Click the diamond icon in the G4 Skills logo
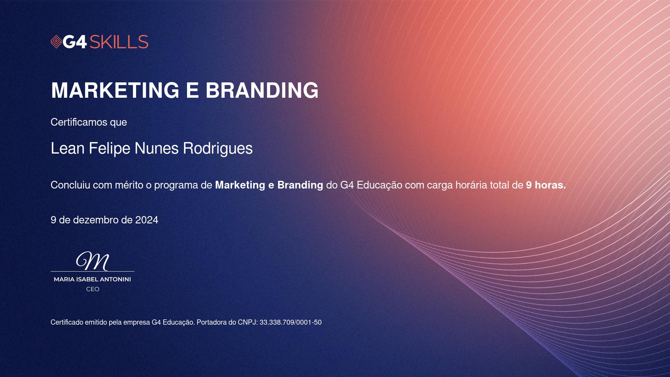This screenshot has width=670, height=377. coord(56,42)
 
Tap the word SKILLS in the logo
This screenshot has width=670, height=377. coord(119,42)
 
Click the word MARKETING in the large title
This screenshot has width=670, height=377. coord(115,90)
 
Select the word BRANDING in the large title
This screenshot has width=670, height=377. coord(262,90)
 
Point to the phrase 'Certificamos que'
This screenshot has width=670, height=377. coord(89,122)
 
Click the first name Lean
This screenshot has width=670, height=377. coord(68,148)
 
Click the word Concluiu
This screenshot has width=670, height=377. coord(70,185)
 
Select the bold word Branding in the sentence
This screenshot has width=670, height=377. coord(300,185)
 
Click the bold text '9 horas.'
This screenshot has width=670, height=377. coord(546,185)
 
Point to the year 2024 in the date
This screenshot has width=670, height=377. coord(147,220)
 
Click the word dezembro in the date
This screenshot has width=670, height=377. coord(96,220)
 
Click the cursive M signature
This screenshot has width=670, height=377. coord(92,261)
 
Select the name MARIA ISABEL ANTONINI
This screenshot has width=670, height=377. coord(92,280)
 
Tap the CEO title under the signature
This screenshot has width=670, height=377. coord(93,289)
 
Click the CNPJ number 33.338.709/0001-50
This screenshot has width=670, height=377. coord(291,323)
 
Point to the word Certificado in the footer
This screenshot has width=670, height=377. coord(67,323)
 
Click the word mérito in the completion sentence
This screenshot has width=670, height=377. coord(129,185)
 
